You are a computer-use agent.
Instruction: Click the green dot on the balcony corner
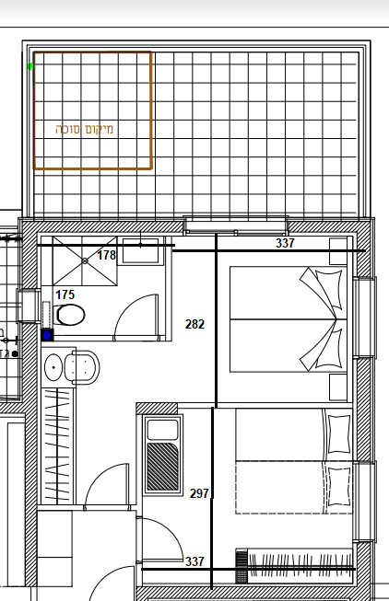[x=31, y=66]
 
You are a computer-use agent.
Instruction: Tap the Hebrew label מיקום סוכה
[x=85, y=129]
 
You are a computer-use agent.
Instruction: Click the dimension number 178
[x=107, y=255]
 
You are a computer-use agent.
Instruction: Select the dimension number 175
[x=65, y=295]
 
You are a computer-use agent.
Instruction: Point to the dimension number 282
[x=194, y=324]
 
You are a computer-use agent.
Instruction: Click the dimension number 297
[x=199, y=493]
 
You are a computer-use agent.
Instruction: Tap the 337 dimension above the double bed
[x=285, y=243]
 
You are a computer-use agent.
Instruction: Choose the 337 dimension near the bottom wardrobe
[x=194, y=561]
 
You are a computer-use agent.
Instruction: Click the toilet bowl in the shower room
[x=70, y=315]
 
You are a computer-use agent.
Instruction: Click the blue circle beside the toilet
[x=47, y=336]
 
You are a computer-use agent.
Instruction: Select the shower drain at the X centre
[x=85, y=260]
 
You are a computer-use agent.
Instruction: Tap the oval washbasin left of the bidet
[x=53, y=367]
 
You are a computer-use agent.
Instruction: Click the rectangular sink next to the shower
[x=140, y=250]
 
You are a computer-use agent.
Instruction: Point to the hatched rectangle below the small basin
[x=163, y=467]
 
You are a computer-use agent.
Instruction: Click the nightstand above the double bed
[x=338, y=251]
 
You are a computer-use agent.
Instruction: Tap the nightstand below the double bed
[x=338, y=387]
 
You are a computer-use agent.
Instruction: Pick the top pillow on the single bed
[x=338, y=434]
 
